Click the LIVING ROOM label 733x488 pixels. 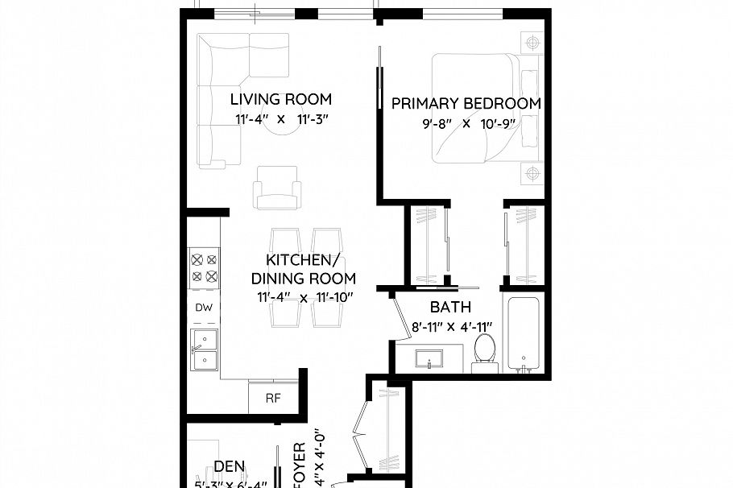(x=280, y=100)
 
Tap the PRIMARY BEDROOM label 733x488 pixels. (x=466, y=104)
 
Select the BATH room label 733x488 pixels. (x=450, y=308)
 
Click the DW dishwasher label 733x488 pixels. (x=204, y=308)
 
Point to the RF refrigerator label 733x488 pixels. (x=273, y=398)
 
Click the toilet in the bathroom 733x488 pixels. (x=484, y=351)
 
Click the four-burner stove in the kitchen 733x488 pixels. (x=204, y=267)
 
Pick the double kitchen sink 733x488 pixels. (x=205, y=349)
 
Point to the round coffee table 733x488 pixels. (x=282, y=137)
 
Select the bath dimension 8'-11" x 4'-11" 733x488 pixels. (x=450, y=327)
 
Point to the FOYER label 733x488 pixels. (x=299, y=463)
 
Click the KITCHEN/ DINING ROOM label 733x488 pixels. (x=304, y=270)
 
